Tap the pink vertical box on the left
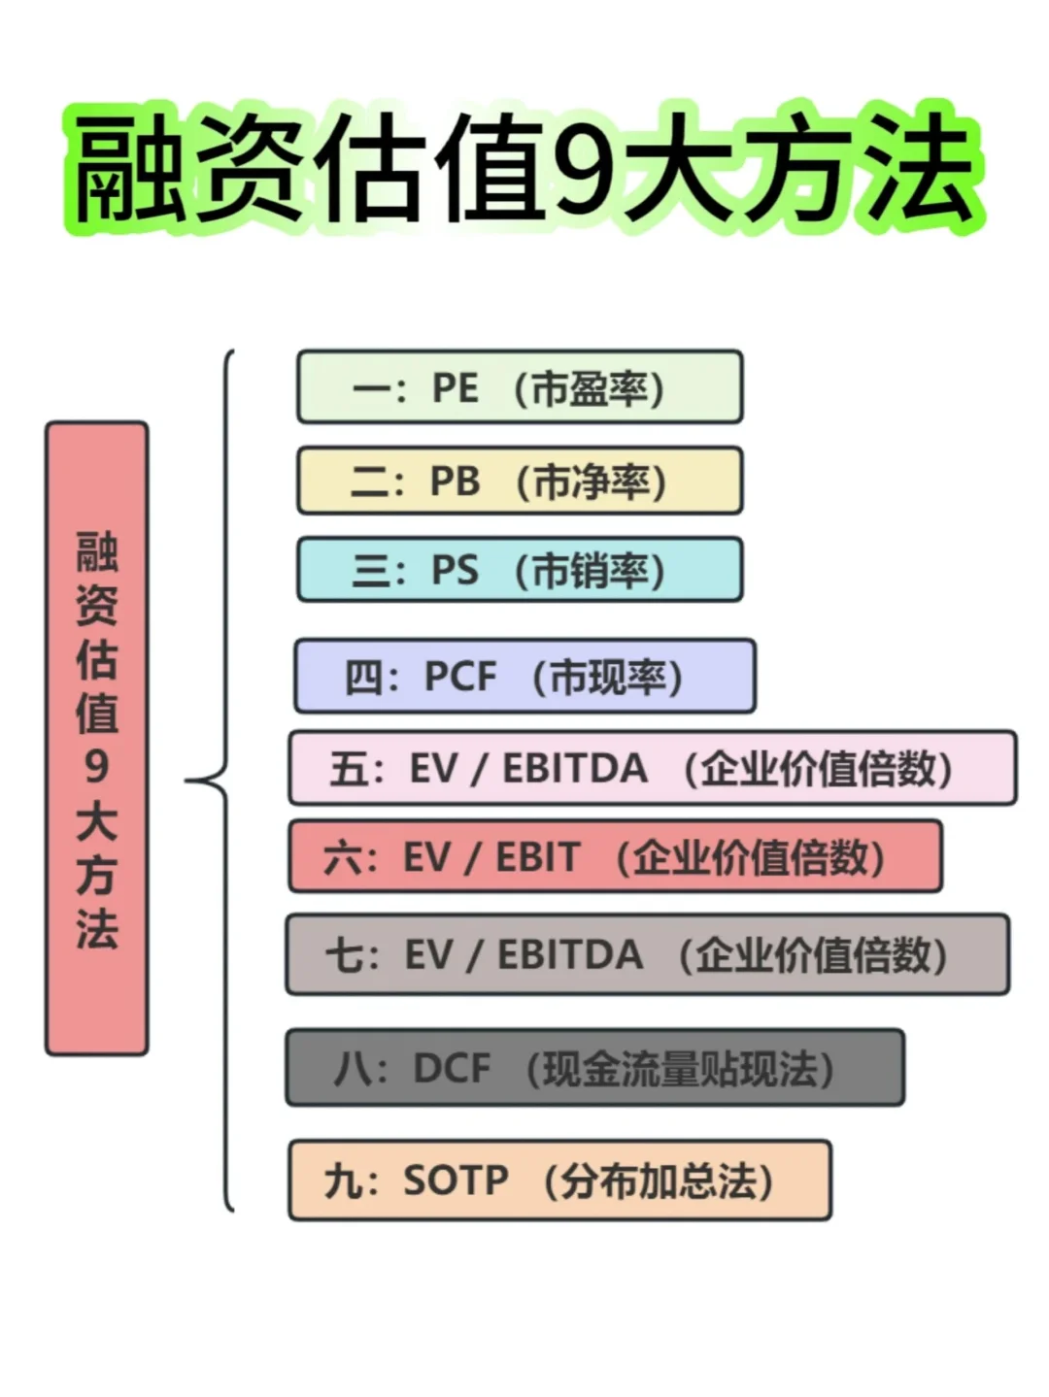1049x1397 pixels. (96, 738)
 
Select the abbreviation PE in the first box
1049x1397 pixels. (455, 388)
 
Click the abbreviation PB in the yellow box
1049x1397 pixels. (455, 482)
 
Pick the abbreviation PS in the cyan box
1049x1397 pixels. (455, 570)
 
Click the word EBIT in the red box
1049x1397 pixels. (537, 857)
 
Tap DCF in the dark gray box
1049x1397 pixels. (452, 1069)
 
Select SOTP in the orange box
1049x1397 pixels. (456, 1181)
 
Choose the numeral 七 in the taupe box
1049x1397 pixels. (344, 955)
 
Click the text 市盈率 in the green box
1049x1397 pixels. (589, 389)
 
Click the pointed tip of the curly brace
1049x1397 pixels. (187, 780)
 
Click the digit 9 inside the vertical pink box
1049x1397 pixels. (96, 766)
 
